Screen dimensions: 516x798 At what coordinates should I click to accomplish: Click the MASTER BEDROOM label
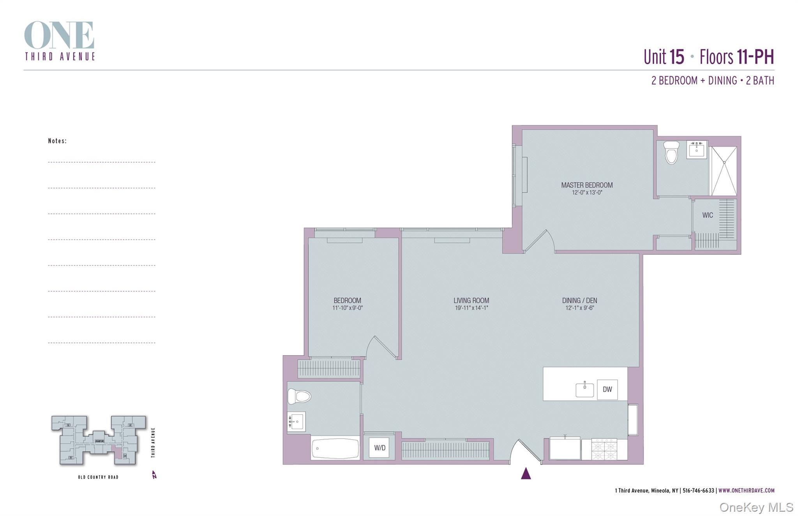click(x=586, y=185)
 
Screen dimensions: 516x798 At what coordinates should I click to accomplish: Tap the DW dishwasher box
click(x=607, y=389)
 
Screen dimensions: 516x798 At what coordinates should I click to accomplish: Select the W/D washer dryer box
click(x=380, y=448)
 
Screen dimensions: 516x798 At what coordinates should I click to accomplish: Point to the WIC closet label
click(x=708, y=215)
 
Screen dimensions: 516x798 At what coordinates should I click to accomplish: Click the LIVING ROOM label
click(x=471, y=300)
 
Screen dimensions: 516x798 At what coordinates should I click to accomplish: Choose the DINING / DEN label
click(x=579, y=300)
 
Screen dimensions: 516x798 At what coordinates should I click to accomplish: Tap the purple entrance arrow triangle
click(x=526, y=474)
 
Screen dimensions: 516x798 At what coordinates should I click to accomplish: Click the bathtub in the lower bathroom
click(x=335, y=449)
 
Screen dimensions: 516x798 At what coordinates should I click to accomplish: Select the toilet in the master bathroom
click(x=671, y=153)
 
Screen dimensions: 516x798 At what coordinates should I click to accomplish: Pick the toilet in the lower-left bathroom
click(x=299, y=396)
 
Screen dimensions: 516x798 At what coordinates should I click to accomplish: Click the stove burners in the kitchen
click(x=604, y=449)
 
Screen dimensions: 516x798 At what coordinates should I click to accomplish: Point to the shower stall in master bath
click(x=724, y=171)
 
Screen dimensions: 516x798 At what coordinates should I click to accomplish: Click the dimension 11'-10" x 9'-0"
click(x=347, y=308)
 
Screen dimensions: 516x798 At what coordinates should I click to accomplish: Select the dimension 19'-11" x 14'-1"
click(x=471, y=308)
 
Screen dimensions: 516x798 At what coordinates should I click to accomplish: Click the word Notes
click(x=57, y=141)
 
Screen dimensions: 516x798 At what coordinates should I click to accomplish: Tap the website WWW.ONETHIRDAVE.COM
click(x=746, y=491)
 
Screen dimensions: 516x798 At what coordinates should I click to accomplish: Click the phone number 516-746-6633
click(x=698, y=491)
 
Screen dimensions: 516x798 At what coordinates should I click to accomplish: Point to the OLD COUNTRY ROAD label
click(x=98, y=477)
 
